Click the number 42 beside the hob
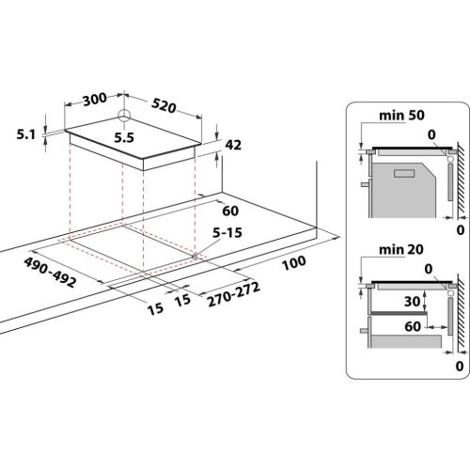(x=234, y=145)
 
